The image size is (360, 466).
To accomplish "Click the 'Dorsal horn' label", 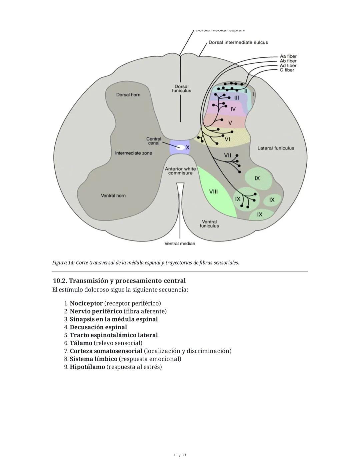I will pos(128,95).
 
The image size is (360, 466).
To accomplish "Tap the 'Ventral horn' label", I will pos(113,195).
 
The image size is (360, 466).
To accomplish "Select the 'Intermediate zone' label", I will pos(133,153).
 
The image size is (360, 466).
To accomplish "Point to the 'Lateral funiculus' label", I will pos(276,148).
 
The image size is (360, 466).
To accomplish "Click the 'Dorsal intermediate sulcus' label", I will pos(238,42).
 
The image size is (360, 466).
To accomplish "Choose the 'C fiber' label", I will pos(287,70).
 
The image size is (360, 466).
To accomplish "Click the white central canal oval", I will pos(180,147).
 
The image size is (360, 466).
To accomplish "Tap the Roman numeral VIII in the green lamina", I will pos(213,191).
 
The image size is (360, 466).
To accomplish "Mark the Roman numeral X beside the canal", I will pos(188,147).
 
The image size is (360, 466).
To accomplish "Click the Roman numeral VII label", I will pos(228,155).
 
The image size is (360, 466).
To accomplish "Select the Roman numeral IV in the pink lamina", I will pos(233,109).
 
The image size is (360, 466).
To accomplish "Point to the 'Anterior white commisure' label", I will pos(180,171).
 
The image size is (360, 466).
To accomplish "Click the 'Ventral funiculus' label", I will pos(209,224).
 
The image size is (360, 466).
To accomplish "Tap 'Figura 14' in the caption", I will pos(63,263).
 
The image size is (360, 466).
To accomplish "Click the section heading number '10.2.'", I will pos(60,281).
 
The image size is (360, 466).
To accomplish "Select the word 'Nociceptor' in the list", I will pos(86,304).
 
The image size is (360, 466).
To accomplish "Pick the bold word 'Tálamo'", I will pos(81,343).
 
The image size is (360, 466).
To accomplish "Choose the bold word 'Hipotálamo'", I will pos(87,367).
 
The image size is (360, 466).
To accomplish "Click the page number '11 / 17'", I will pos(180,455).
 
